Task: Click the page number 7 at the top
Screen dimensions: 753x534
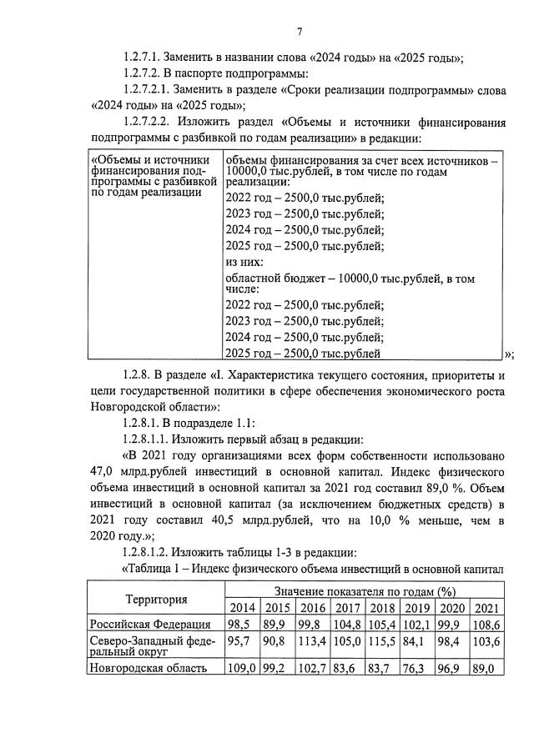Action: coord(299,31)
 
